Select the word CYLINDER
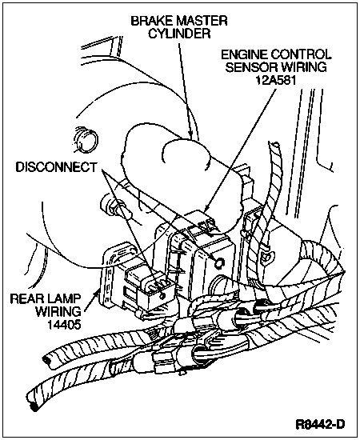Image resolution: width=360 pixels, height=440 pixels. (x=179, y=34)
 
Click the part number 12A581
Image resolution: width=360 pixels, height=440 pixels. (x=276, y=81)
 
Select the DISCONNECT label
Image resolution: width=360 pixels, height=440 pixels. (x=56, y=167)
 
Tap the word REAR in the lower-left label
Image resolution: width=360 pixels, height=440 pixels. (x=26, y=298)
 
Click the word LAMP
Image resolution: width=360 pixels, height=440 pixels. (x=63, y=298)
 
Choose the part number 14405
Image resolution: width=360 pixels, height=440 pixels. (x=64, y=324)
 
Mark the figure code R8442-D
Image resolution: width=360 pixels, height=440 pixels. (x=320, y=424)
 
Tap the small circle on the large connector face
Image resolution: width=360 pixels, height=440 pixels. (x=219, y=262)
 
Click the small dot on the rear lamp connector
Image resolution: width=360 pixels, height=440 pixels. (x=162, y=296)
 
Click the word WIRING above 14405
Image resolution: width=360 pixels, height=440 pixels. (x=58, y=311)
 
